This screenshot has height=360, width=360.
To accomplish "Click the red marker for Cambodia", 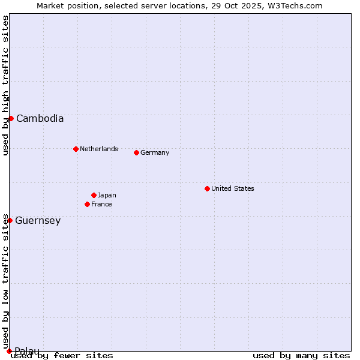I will (x=11, y=118).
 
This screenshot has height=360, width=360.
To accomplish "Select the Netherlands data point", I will (x=76, y=149).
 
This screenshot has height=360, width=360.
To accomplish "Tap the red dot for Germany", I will (x=136, y=152).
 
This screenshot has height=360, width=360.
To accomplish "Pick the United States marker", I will (x=207, y=188).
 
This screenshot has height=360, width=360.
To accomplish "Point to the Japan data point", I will (x=94, y=195).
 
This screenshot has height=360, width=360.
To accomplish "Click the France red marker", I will (x=87, y=204).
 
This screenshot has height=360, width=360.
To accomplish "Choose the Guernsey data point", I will (x=10, y=220).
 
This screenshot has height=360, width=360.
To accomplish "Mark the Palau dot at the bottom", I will (x=9, y=350).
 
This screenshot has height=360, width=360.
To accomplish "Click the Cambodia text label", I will (x=40, y=118).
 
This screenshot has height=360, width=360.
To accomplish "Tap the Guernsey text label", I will (x=38, y=220).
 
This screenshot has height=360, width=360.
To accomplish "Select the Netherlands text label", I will (x=99, y=149).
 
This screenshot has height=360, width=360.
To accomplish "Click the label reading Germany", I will (x=155, y=152).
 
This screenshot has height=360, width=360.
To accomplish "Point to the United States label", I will (x=233, y=188).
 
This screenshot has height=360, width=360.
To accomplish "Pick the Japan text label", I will (x=107, y=195).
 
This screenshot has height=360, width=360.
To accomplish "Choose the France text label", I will (x=101, y=204).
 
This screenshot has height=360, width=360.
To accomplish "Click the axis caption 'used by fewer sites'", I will (x=62, y=355).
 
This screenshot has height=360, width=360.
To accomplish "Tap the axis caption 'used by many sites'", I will (x=301, y=355).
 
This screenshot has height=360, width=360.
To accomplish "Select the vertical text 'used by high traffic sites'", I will (x=5, y=85).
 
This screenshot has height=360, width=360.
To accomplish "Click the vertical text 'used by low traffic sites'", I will (x=5, y=281).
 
